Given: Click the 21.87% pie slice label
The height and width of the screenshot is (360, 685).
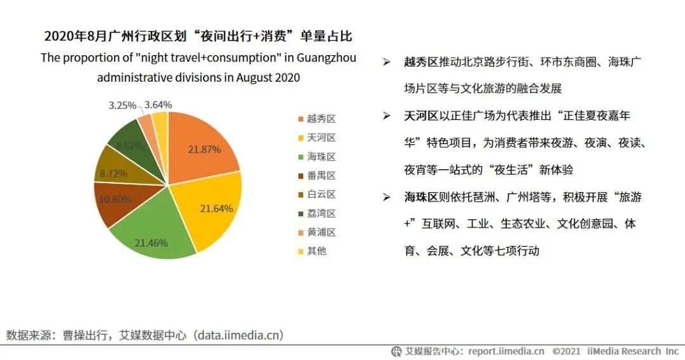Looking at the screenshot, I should pyautogui.click(x=204, y=150).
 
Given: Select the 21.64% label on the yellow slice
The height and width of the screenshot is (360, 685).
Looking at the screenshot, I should pyautogui.click(x=216, y=208).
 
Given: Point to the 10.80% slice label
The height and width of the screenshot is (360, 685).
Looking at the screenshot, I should pyautogui.click(x=116, y=199).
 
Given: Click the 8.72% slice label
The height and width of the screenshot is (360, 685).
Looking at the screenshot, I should pyautogui.click(x=113, y=173).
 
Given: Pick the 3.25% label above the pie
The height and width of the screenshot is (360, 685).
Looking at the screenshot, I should pyautogui.click(x=122, y=105).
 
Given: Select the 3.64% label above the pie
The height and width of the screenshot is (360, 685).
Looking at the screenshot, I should pyautogui.click(x=158, y=105).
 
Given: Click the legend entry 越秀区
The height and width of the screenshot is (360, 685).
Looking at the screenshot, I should pyautogui.click(x=321, y=119).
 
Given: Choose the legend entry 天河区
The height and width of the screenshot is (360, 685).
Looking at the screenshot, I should pyautogui.click(x=321, y=138).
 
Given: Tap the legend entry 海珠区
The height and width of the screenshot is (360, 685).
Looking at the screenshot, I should pyautogui.click(x=321, y=157).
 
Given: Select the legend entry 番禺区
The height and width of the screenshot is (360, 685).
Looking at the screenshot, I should pyautogui.click(x=321, y=176).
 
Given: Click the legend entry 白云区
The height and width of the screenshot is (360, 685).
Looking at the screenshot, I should pyautogui.click(x=321, y=195).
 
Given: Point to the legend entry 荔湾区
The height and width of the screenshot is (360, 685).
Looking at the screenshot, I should pyautogui.click(x=321, y=214).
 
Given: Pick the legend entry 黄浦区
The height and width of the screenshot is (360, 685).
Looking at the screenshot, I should pyautogui.click(x=321, y=232).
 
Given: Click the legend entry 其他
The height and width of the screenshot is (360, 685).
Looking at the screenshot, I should pyautogui.click(x=316, y=251).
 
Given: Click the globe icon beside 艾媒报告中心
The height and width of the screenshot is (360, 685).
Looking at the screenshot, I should pyautogui.click(x=396, y=351).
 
